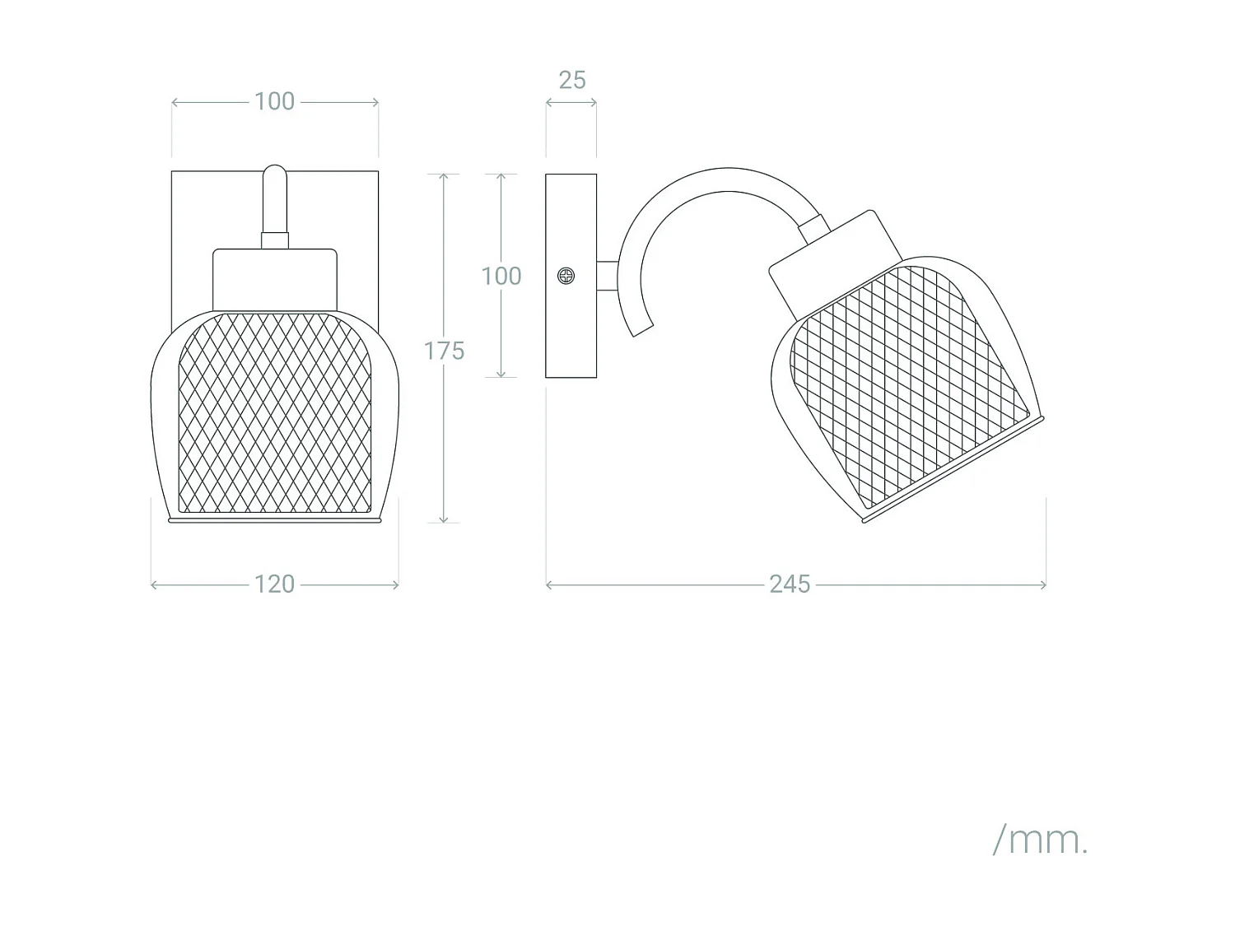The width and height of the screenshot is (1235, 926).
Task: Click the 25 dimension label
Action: click(572, 81)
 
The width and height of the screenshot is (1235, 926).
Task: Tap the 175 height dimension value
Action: click(444, 351)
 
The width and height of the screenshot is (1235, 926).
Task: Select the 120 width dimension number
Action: click(274, 584)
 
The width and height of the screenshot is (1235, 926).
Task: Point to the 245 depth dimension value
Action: click(790, 584)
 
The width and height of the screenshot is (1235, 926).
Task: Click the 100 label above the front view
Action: click(274, 102)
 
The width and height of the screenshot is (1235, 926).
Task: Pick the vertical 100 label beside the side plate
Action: click(501, 276)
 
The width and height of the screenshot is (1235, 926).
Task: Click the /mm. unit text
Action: click(1041, 840)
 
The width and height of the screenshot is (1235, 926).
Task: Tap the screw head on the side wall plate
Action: click(566, 276)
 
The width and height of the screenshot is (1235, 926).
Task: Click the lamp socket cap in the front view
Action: click(274, 279)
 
